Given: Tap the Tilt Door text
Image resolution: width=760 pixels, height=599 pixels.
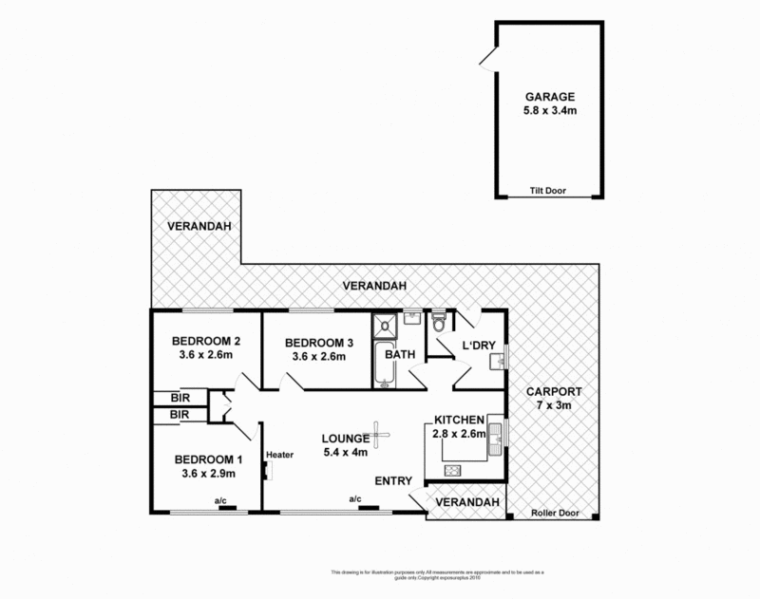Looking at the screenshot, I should point(546,189).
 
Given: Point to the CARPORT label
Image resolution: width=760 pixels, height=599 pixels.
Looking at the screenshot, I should point(556,393).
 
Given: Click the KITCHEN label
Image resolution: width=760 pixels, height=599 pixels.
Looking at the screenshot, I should point(461,420).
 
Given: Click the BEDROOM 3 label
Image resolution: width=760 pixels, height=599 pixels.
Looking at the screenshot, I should point(313,343).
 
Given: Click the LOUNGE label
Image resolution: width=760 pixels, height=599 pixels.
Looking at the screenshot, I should point(345,439).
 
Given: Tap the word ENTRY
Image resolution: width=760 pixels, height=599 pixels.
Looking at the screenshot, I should point(393,481).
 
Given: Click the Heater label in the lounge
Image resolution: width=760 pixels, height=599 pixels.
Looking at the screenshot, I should point(279,454).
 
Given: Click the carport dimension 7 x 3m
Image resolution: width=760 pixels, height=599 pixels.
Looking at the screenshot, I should point(556,406).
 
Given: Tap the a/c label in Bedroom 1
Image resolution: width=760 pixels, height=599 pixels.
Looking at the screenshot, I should point(219,499).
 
